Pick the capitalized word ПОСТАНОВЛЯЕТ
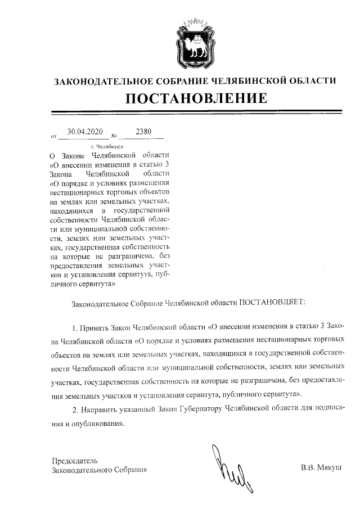coord(272,303)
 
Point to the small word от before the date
coord(54,136)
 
